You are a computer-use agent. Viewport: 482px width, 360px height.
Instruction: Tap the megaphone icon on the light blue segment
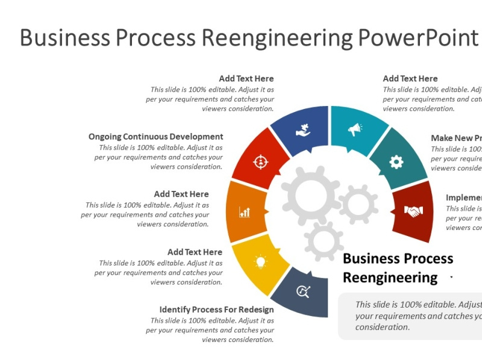(355, 129)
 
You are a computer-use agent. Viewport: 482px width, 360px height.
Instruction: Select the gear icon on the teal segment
(396, 161)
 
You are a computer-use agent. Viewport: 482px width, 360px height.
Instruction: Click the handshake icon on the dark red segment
(413, 211)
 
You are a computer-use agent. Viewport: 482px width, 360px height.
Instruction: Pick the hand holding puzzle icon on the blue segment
(303, 130)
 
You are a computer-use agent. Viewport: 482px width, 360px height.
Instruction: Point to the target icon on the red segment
(260, 162)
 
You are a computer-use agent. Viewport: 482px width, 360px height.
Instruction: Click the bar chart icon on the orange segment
(245, 212)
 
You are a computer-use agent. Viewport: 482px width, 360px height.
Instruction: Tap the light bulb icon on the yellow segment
(260, 261)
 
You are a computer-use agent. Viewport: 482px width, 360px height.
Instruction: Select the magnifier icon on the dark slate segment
(304, 292)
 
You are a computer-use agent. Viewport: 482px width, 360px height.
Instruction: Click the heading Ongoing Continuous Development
(155, 137)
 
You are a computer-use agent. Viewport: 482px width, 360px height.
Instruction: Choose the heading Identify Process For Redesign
(216, 309)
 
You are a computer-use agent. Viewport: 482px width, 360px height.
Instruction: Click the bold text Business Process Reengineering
(398, 268)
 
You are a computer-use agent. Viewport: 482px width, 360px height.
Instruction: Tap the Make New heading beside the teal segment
(456, 138)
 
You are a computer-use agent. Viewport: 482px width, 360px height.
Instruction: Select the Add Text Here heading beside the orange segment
(181, 194)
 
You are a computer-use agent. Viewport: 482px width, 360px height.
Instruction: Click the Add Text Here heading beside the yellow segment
(195, 252)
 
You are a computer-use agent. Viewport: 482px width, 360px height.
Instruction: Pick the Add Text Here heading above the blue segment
(246, 78)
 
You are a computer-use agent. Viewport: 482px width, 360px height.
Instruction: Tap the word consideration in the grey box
(383, 327)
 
